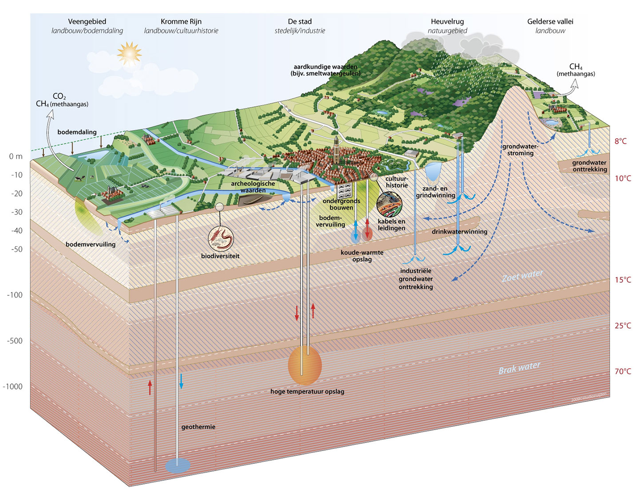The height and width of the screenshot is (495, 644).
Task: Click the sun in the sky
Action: click(x=129, y=53)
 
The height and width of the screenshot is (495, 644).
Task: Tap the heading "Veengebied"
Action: click(x=87, y=21)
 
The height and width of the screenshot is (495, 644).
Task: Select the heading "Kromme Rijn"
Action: click(x=181, y=21)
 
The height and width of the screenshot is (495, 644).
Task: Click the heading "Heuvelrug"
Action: click(x=447, y=21)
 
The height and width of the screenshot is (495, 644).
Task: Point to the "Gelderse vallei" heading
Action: click(x=550, y=21)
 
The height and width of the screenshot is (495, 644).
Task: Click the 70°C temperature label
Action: click(x=623, y=371)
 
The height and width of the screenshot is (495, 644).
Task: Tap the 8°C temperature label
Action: click(x=620, y=141)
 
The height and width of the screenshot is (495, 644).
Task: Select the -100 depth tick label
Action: click(x=15, y=295)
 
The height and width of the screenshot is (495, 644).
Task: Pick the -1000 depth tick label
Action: click(x=12, y=386)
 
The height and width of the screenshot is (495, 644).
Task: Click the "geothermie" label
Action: click(x=198, y=427)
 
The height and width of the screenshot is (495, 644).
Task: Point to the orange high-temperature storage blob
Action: click(x=305, y=366)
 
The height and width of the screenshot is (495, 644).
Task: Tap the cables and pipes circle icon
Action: click(x=390, y=205)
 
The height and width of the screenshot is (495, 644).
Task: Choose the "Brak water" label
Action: click(x=519, y=368)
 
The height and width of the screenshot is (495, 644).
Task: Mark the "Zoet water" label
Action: click(x=522, y=276)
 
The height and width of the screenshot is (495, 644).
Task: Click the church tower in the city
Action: click(x=337, y=144)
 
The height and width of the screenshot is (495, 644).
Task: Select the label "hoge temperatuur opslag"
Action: click(x=307, y=392)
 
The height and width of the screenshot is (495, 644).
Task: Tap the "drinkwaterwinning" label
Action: click(x=459, y=232)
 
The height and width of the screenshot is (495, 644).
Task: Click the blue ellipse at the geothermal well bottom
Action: click(x=178, y=466)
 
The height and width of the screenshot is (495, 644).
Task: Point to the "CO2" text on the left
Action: click(x=59, y=97)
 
